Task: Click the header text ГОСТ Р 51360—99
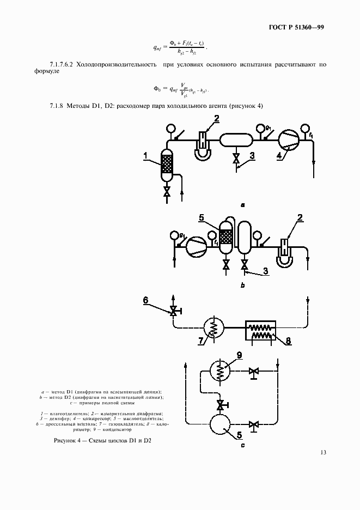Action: click(x=297, y=27)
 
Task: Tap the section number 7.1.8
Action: click(x=57, y=105)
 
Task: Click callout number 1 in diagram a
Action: click(x=147, y=156)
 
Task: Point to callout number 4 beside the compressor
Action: click(x=279, y=155)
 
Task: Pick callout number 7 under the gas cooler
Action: click(x=202, y=342)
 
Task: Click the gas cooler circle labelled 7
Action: click(x=213, y=328)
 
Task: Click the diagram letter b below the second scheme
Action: click(x=242, y=285)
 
